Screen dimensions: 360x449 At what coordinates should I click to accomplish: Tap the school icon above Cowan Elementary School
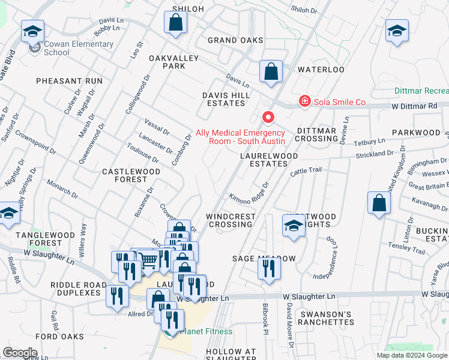coord(33,31)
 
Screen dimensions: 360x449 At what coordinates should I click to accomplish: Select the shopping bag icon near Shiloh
coord(175,22)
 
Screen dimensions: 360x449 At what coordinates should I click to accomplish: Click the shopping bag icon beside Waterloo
coord(271,70)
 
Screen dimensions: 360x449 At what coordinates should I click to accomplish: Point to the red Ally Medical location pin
coord(269,116)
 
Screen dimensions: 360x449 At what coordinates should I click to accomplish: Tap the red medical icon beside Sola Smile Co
coord(305,101)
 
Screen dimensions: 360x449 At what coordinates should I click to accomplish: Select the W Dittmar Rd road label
coord(414,106)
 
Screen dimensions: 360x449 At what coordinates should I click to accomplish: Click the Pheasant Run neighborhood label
coord(69,80)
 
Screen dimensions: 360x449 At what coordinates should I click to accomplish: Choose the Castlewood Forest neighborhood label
coord(131,175)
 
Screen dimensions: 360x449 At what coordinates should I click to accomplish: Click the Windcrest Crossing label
coord(229,220)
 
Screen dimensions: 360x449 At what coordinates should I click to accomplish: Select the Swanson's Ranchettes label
coord(327,318)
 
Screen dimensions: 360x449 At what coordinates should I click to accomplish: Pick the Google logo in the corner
coord(20,353)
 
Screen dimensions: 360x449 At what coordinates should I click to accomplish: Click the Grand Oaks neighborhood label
coord(235,40)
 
